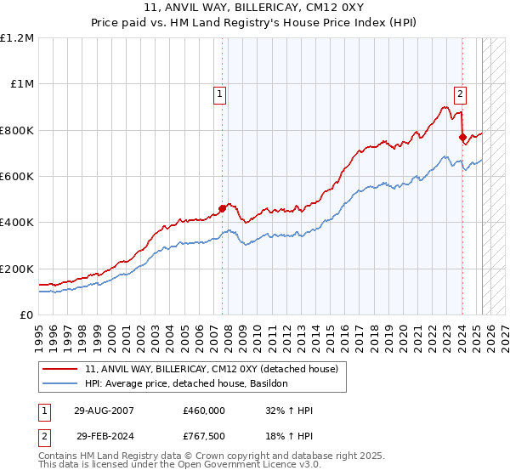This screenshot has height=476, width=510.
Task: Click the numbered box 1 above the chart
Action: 220,94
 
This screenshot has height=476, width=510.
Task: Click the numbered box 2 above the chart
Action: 460,94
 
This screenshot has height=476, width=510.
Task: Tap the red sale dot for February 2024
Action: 462,137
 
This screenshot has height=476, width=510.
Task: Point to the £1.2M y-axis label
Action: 18,38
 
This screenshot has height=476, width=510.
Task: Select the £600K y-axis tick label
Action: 18,177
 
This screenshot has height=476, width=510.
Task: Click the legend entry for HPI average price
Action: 187,384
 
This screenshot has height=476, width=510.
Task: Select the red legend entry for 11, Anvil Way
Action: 212,369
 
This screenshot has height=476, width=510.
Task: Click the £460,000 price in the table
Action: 204,410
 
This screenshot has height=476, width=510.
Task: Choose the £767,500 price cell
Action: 204,435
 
